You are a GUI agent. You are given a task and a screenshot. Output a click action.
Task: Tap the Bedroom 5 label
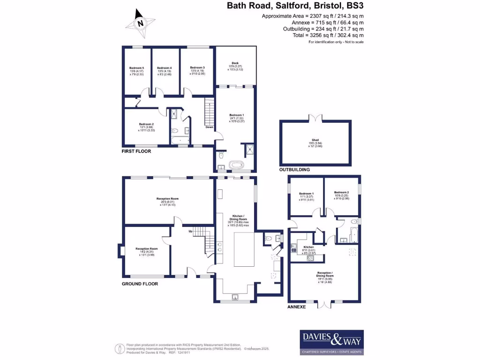pos(136,67)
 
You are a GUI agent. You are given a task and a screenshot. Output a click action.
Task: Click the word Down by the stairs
pos(209,127)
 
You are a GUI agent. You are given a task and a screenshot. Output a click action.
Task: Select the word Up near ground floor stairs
pos(190,231)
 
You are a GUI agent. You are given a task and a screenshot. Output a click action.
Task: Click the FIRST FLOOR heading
pos(136,151)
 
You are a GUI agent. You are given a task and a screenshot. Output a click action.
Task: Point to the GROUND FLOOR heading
pos(140,284)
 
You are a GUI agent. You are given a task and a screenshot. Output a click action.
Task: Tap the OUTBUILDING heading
pos(294,170)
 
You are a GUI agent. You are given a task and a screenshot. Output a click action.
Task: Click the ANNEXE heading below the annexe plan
pos(296,307)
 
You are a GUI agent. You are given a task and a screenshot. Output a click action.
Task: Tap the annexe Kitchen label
pos(308,247)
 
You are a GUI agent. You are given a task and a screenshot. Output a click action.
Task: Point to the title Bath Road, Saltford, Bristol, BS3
pos(295,6)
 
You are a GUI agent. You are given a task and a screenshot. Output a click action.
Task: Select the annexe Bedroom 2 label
pos(342,192)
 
